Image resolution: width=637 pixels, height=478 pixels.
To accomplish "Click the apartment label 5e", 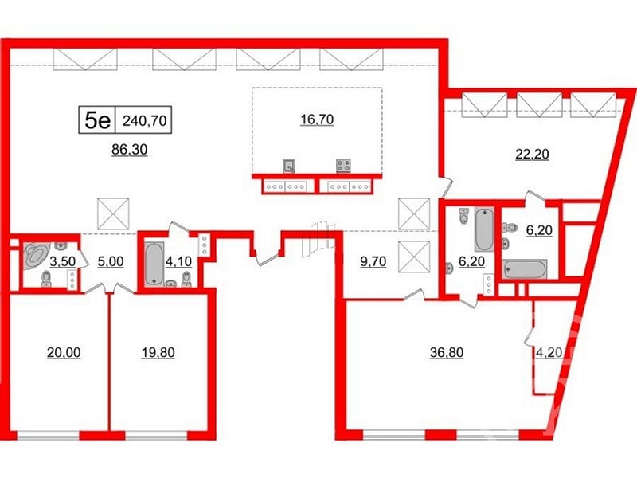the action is pos(97,120).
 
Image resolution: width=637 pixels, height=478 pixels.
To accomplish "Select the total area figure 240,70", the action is pos(145,121).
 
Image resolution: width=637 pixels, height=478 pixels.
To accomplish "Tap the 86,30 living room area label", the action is pos(130,150).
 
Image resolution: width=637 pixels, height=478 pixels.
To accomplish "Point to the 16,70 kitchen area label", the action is pos(317,119).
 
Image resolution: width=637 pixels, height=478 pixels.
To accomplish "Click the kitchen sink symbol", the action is pos(289,166).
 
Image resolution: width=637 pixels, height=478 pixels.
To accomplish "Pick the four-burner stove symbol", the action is pos(344,166).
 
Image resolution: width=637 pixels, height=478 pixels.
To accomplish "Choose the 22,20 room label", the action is pos(532,154).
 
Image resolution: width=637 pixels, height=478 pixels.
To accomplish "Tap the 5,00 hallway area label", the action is pos(111,261).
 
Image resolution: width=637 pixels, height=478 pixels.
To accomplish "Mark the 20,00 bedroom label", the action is pos(64,352).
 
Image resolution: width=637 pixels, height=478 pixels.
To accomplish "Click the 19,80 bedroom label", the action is pos(158,352).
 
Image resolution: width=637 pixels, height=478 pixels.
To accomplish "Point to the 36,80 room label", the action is pos(447,352).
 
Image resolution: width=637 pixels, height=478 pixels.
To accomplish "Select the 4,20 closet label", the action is pos(549,352).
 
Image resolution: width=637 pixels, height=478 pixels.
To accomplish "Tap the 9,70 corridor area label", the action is pos(373,261).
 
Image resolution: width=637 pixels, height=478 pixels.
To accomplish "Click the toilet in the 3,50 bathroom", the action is pos(46,280).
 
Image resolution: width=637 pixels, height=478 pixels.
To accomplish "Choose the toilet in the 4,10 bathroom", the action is pos(186,279).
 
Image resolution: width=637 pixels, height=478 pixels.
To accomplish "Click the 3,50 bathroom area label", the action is pos(63,261).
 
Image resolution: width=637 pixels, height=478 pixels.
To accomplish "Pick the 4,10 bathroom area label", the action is pos(178,261).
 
